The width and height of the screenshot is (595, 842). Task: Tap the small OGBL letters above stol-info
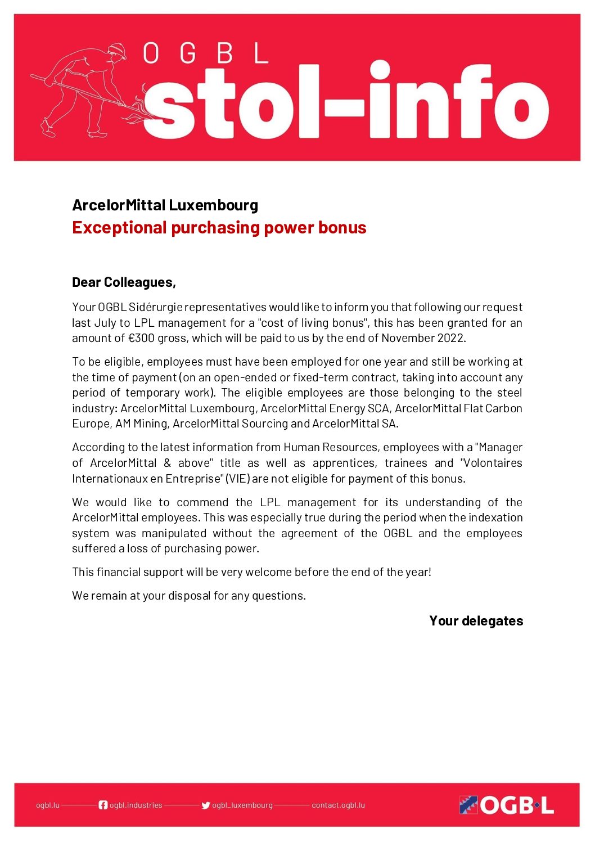click(x=205, y=53)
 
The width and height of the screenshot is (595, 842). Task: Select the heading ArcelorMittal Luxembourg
click(x=165, y=205)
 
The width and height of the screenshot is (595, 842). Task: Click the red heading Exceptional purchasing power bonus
click(x=219, y=227)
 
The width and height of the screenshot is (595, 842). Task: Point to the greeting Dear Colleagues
click(x=124, y=282)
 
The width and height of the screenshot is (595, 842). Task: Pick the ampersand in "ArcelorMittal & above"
click(x=167, y=463)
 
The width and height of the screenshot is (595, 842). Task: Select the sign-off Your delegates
click(x=476, y=621)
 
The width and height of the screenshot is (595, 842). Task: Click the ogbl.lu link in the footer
click(x=48, y=805)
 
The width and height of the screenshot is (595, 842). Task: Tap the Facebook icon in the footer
click(x=103, y=805)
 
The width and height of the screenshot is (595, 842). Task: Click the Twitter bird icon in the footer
click(x=206, y=805)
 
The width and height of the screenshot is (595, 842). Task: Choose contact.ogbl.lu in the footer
click(x=338, y=805)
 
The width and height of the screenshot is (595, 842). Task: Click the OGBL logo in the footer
click(x=506, y=805)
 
